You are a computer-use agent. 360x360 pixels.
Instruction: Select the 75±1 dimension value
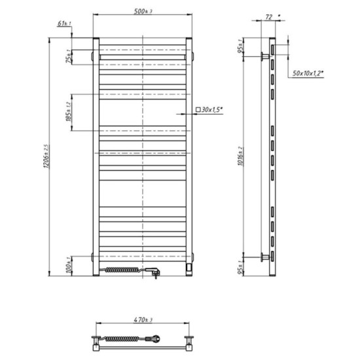click(x=67, y=58)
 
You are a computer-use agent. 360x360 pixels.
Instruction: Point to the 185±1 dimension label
click(x=67, y=113)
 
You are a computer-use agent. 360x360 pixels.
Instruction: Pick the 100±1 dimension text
click(x=67, y=266)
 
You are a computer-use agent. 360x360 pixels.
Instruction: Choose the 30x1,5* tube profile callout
click(x=210, y=111)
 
